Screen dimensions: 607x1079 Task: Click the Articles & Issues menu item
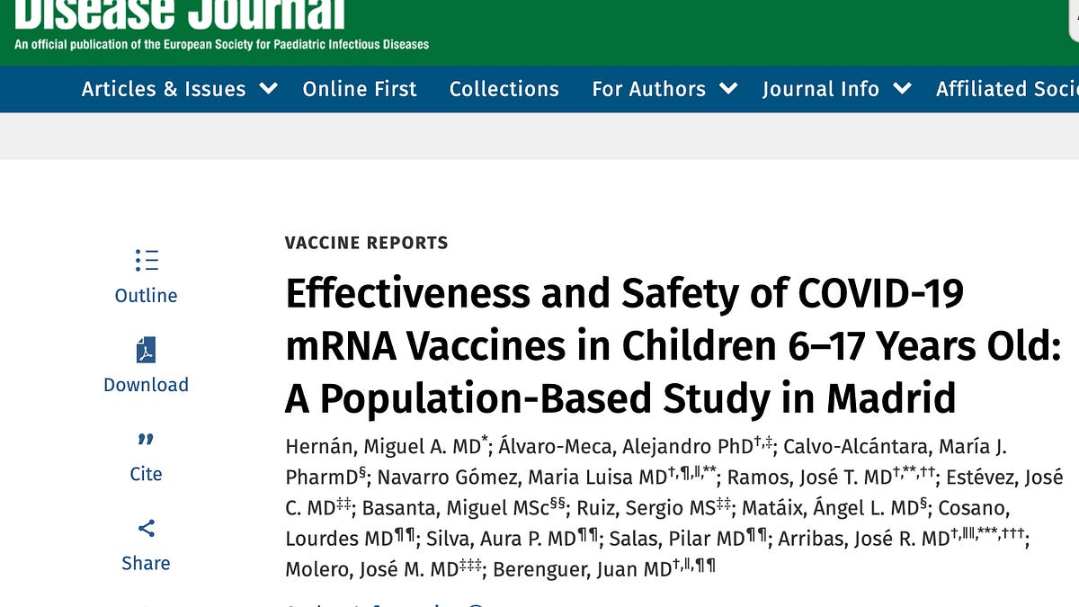pos(163,89)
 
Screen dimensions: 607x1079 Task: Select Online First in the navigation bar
pos(360,89)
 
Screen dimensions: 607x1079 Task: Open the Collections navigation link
pos(504,89)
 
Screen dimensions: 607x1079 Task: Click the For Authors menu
pos(648,89)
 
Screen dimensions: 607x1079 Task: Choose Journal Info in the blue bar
pos(820,89)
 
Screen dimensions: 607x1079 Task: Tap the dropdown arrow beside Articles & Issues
pos(268,89)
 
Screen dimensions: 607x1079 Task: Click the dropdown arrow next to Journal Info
pos(902,89)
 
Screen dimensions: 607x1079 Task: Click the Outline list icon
pos(147,261)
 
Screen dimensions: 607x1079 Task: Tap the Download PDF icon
pos(146,350)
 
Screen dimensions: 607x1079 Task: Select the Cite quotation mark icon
pos(146,440)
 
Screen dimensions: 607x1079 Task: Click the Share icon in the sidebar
pos(147,528)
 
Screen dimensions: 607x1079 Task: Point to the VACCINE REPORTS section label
pos(366,243)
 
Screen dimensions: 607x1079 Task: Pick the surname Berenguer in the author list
pos(546,569)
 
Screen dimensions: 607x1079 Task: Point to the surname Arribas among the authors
pos(816,539)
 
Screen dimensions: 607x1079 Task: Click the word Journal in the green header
pos(268,13)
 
